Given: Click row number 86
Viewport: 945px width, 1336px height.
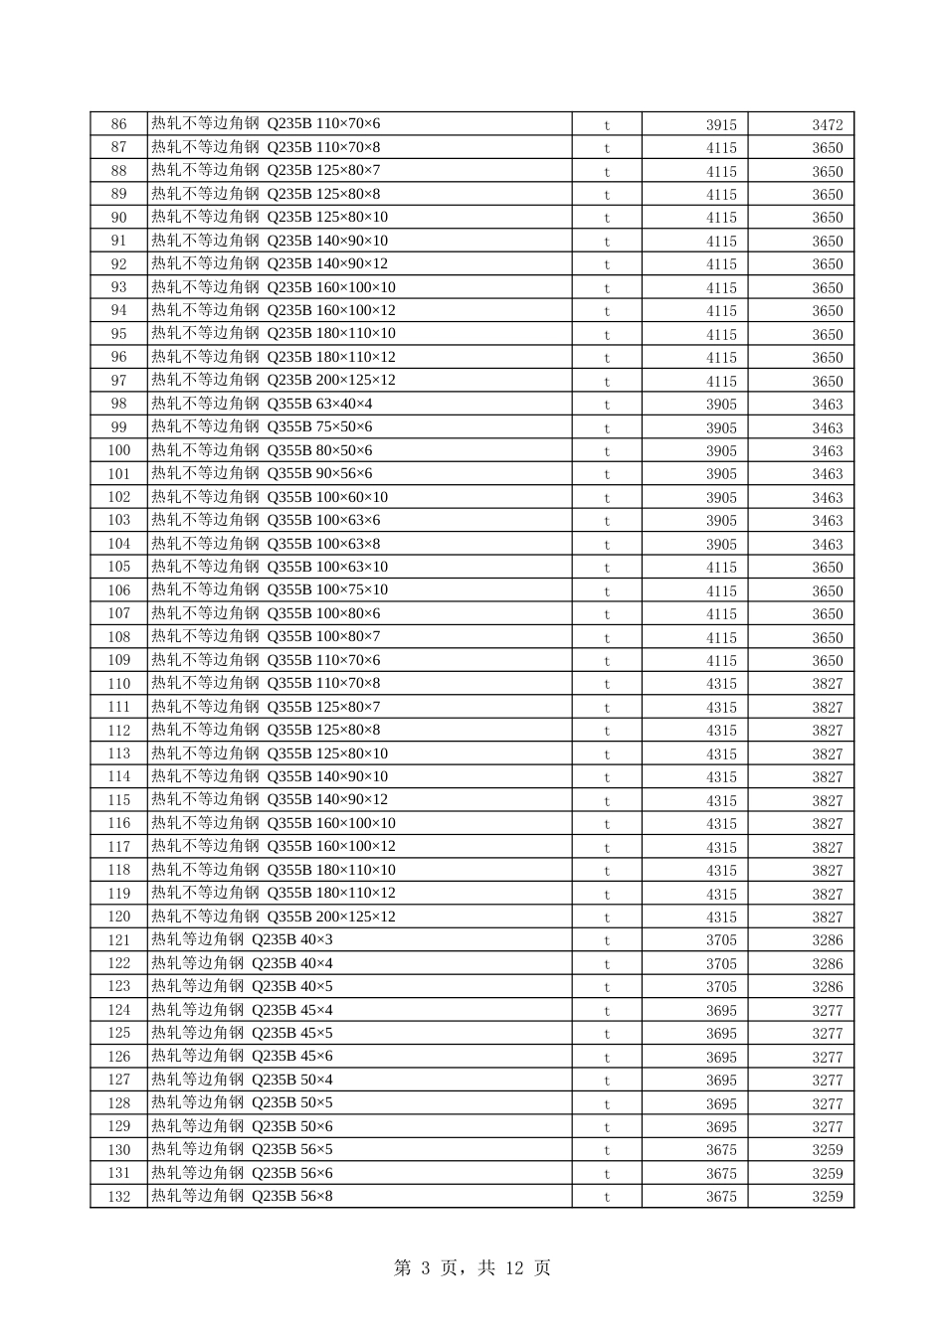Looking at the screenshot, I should coord(119,124).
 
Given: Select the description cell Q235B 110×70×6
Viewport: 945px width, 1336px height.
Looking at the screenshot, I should coord(266,124).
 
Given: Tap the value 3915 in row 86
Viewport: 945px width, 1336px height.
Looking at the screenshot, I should coord(721,124).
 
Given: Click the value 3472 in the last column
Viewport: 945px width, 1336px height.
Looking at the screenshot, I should coord(827,124).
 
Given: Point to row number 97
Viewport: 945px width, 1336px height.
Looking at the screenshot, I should coord(119,381).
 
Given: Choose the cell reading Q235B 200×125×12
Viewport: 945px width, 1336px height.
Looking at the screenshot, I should coord(274,381).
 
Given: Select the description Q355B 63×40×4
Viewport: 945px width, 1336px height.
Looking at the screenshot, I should coord(262,404).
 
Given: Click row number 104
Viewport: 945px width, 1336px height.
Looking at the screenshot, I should coord(119,544).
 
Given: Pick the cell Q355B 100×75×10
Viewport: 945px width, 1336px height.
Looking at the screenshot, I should coord(270,590).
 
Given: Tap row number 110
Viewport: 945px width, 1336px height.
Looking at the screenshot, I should coord(119,684).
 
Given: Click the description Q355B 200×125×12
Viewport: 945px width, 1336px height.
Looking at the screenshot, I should coord(274,917).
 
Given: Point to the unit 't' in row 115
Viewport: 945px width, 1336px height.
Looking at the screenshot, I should coord(607,800).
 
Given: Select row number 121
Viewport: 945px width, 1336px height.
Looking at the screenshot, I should coord(119,940).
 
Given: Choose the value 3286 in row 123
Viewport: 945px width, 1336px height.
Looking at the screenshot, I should coord(827,987).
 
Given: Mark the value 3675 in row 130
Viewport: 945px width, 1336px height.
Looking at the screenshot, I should coord(721,1150).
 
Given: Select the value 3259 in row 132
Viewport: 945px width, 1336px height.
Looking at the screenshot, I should coord(827,1197).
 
